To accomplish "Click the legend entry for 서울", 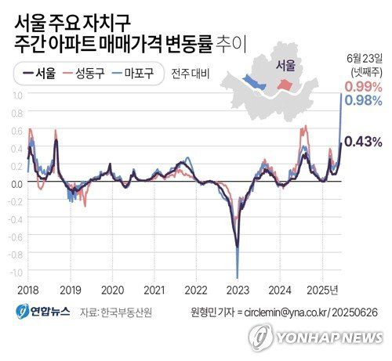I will point(38,74).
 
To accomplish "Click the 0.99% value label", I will point(363,86).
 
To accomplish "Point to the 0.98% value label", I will point(363,100).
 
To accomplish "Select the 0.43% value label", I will point(363,142).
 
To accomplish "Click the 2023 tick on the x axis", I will point(238,288).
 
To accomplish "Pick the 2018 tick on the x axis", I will point(28,288).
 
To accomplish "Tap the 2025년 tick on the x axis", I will point(324,288).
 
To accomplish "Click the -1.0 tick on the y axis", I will point(13,272).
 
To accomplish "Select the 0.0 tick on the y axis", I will point(15,182).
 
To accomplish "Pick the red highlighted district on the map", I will point(287,83).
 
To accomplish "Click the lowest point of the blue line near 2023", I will point(237,276).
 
